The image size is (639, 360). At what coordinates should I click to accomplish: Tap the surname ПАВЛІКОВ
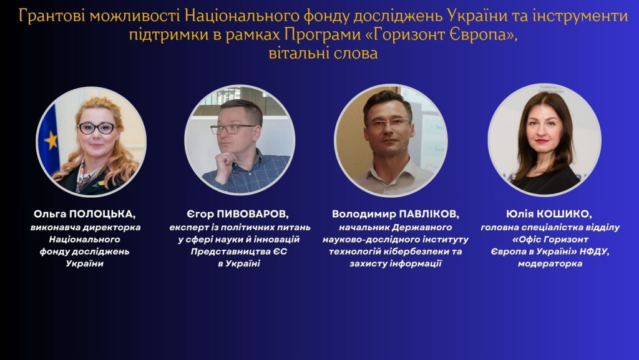click(429, 214)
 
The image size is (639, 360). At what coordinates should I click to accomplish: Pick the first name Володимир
click(364, 214)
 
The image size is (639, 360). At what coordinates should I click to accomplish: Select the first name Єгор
click(200, 214)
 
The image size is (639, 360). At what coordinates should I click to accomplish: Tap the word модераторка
click(550, 263)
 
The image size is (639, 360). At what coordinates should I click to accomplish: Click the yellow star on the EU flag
click(51, 140)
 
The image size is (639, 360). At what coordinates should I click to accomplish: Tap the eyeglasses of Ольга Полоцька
click(97, 128)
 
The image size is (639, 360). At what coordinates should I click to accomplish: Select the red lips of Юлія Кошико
click(542, 141)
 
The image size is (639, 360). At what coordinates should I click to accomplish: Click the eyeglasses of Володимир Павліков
click(388, 122)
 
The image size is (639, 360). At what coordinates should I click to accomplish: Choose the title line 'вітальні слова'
click(323, 54)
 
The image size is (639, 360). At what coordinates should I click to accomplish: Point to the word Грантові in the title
click(52, 16)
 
